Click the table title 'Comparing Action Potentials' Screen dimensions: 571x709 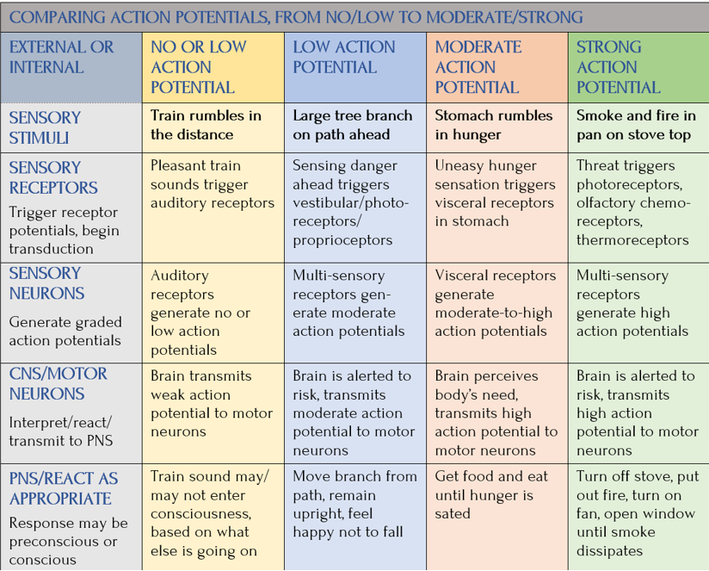[296, 17]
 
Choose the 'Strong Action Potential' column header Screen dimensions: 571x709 [620, 67]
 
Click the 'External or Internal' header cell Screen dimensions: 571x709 [61, 57]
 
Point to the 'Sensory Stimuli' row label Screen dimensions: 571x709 [45, 127]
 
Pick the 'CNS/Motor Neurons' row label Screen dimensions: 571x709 [59, 384]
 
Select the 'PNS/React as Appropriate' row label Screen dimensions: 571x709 [64, 488]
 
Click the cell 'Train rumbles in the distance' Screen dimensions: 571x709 [206, 125]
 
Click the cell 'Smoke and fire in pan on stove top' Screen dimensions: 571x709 [635, 125]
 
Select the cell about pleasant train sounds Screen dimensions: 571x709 [212, 184]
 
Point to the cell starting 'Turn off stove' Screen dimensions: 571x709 [637, 513]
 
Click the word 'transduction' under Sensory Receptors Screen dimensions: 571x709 [51, 249]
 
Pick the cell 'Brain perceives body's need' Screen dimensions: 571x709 [496, 413]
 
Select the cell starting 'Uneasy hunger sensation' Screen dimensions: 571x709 [494, 193]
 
